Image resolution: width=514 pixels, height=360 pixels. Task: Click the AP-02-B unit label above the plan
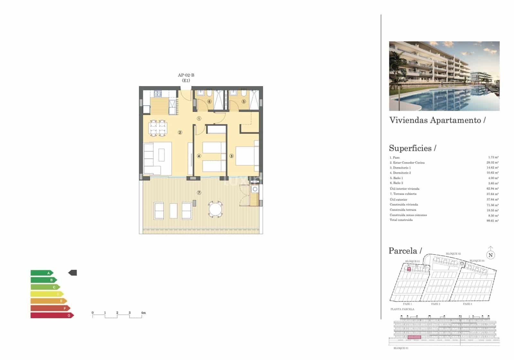186,75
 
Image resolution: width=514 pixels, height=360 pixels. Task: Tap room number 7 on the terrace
199,193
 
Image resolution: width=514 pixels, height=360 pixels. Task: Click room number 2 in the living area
180,132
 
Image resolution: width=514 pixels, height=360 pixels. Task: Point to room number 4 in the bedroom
199,156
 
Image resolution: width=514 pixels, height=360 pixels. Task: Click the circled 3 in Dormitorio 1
232,156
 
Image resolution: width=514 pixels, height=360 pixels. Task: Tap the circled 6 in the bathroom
209,101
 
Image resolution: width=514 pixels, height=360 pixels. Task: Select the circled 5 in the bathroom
244,101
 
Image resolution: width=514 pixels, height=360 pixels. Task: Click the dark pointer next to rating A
73,273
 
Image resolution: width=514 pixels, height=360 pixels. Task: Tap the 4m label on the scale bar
143,312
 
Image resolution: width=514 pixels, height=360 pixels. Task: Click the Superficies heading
410,148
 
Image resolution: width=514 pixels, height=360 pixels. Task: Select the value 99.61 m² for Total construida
492,221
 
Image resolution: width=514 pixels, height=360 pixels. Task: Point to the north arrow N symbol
491,255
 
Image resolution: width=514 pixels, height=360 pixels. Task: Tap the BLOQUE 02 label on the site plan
453,254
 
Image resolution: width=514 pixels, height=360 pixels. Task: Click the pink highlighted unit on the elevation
414,337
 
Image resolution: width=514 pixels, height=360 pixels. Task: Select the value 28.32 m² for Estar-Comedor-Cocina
492,162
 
